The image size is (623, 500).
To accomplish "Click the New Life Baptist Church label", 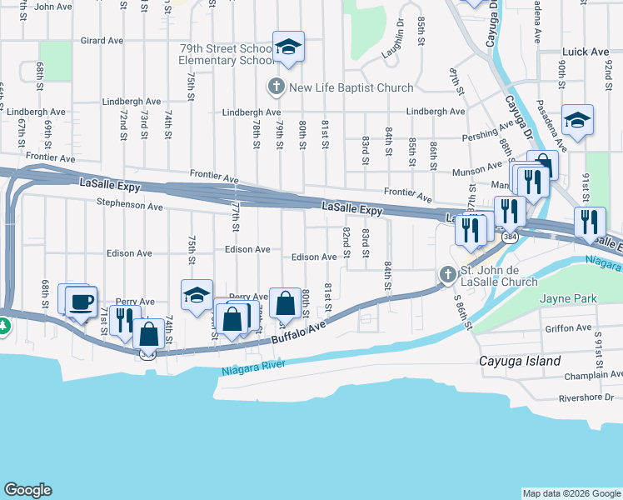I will click(351, 87).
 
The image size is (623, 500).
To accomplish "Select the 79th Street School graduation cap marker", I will click(288, 47).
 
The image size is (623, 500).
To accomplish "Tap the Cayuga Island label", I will click(519, 361).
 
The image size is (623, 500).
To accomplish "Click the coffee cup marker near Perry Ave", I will click(81, 302).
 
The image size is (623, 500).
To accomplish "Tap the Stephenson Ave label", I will click(129, 203).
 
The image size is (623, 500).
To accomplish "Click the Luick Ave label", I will click(586, 52).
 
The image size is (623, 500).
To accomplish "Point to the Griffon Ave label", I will click(566, 328).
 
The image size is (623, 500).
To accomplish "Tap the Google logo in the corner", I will click(27, 490).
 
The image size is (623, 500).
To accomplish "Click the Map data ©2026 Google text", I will click(571, 493).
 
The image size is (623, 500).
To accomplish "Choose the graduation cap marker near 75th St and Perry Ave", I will click(197, 295).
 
